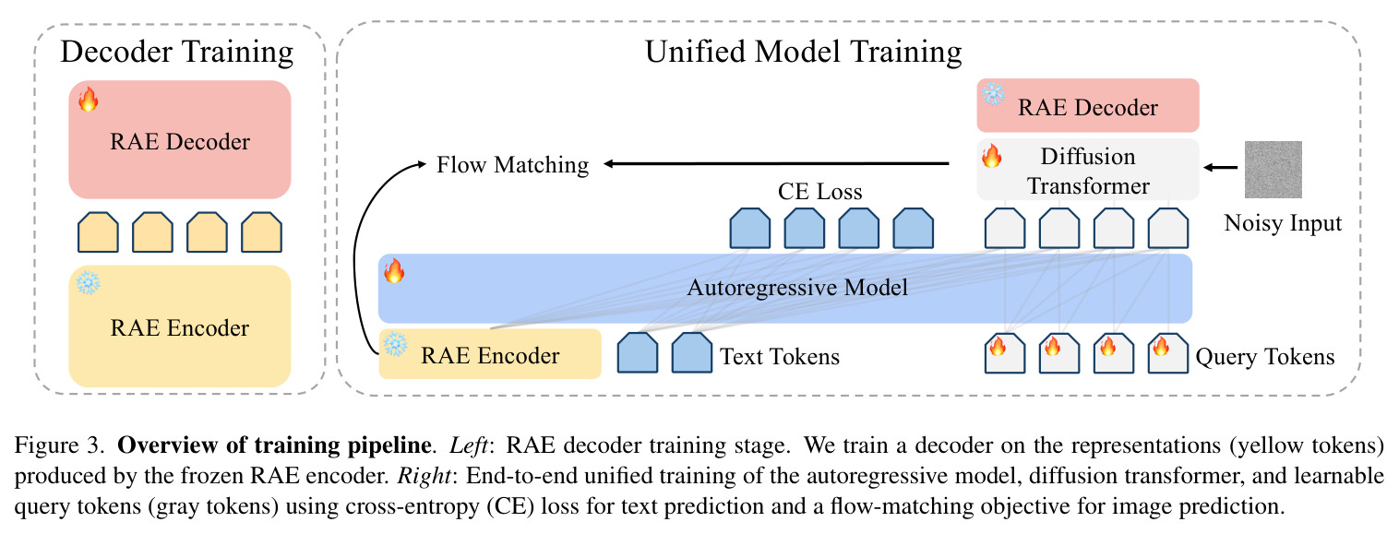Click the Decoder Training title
click(x=177, y=53)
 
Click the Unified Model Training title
click(x=803, y=53)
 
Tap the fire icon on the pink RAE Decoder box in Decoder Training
click(x=88, y=100)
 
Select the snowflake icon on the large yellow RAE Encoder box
click(x=88, y=282)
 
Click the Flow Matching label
click(x=512, y=165)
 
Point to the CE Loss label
click(x=819, y=192)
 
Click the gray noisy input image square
click(x=1273, y=170)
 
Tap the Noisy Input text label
click(x=1283, y=223)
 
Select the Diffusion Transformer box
click(x=1088, y=169)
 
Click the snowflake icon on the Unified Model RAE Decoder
click(x=993, y=94)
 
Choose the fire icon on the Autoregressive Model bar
click(x=394, y=271)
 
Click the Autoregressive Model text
click(x=797, y=288)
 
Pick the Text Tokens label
click(x=780, y=356)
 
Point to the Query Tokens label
click(x=1264, y=356)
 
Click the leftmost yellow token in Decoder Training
click(x=98, y=232)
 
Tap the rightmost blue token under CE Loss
click(x=913, y=229)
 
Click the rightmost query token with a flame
click(x=1168, y=353)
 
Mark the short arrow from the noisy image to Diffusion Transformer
click(x=1220, y=167)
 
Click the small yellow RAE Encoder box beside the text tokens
click(x=490, y=354)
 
